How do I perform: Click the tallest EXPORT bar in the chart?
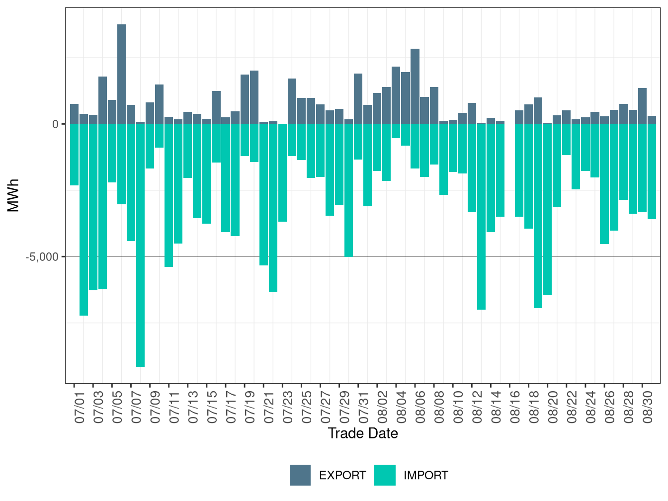pyautogui.click(x=121, y=74)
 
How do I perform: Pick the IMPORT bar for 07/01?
pyautogui.click(x=74, y=155)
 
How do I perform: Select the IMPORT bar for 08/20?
pyautogui.click(x=547, y=209)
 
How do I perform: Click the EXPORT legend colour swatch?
pyautogui.click(x=300, y=475)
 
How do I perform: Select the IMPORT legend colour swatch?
pyautogui.click(x=385, y=475)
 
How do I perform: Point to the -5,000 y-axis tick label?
pyautogui.click(x=42, y=257)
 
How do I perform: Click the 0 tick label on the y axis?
pyautogui.click(x=56, y=124)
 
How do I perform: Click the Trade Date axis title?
pyautogui.click(x=363, y=433)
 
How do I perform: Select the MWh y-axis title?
pyautogui.click(x=13, y=195)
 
